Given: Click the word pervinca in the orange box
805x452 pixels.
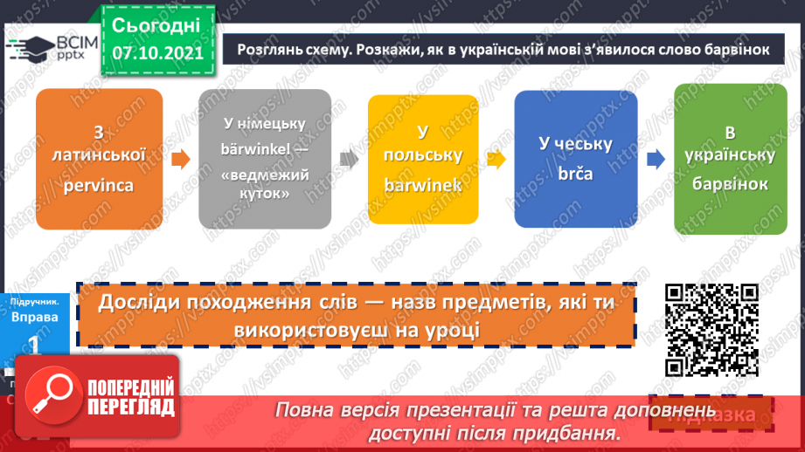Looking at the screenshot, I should (x=99, y=184).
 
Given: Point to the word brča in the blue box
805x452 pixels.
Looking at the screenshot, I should (x=574, y=173).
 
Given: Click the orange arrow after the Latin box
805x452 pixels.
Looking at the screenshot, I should (x=179, y=160).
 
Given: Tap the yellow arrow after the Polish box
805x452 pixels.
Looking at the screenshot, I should (x=496, y=159).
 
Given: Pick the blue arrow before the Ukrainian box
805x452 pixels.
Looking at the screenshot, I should (x=654, y=159).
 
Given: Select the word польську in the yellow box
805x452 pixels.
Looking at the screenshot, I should (x=423, y=155).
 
